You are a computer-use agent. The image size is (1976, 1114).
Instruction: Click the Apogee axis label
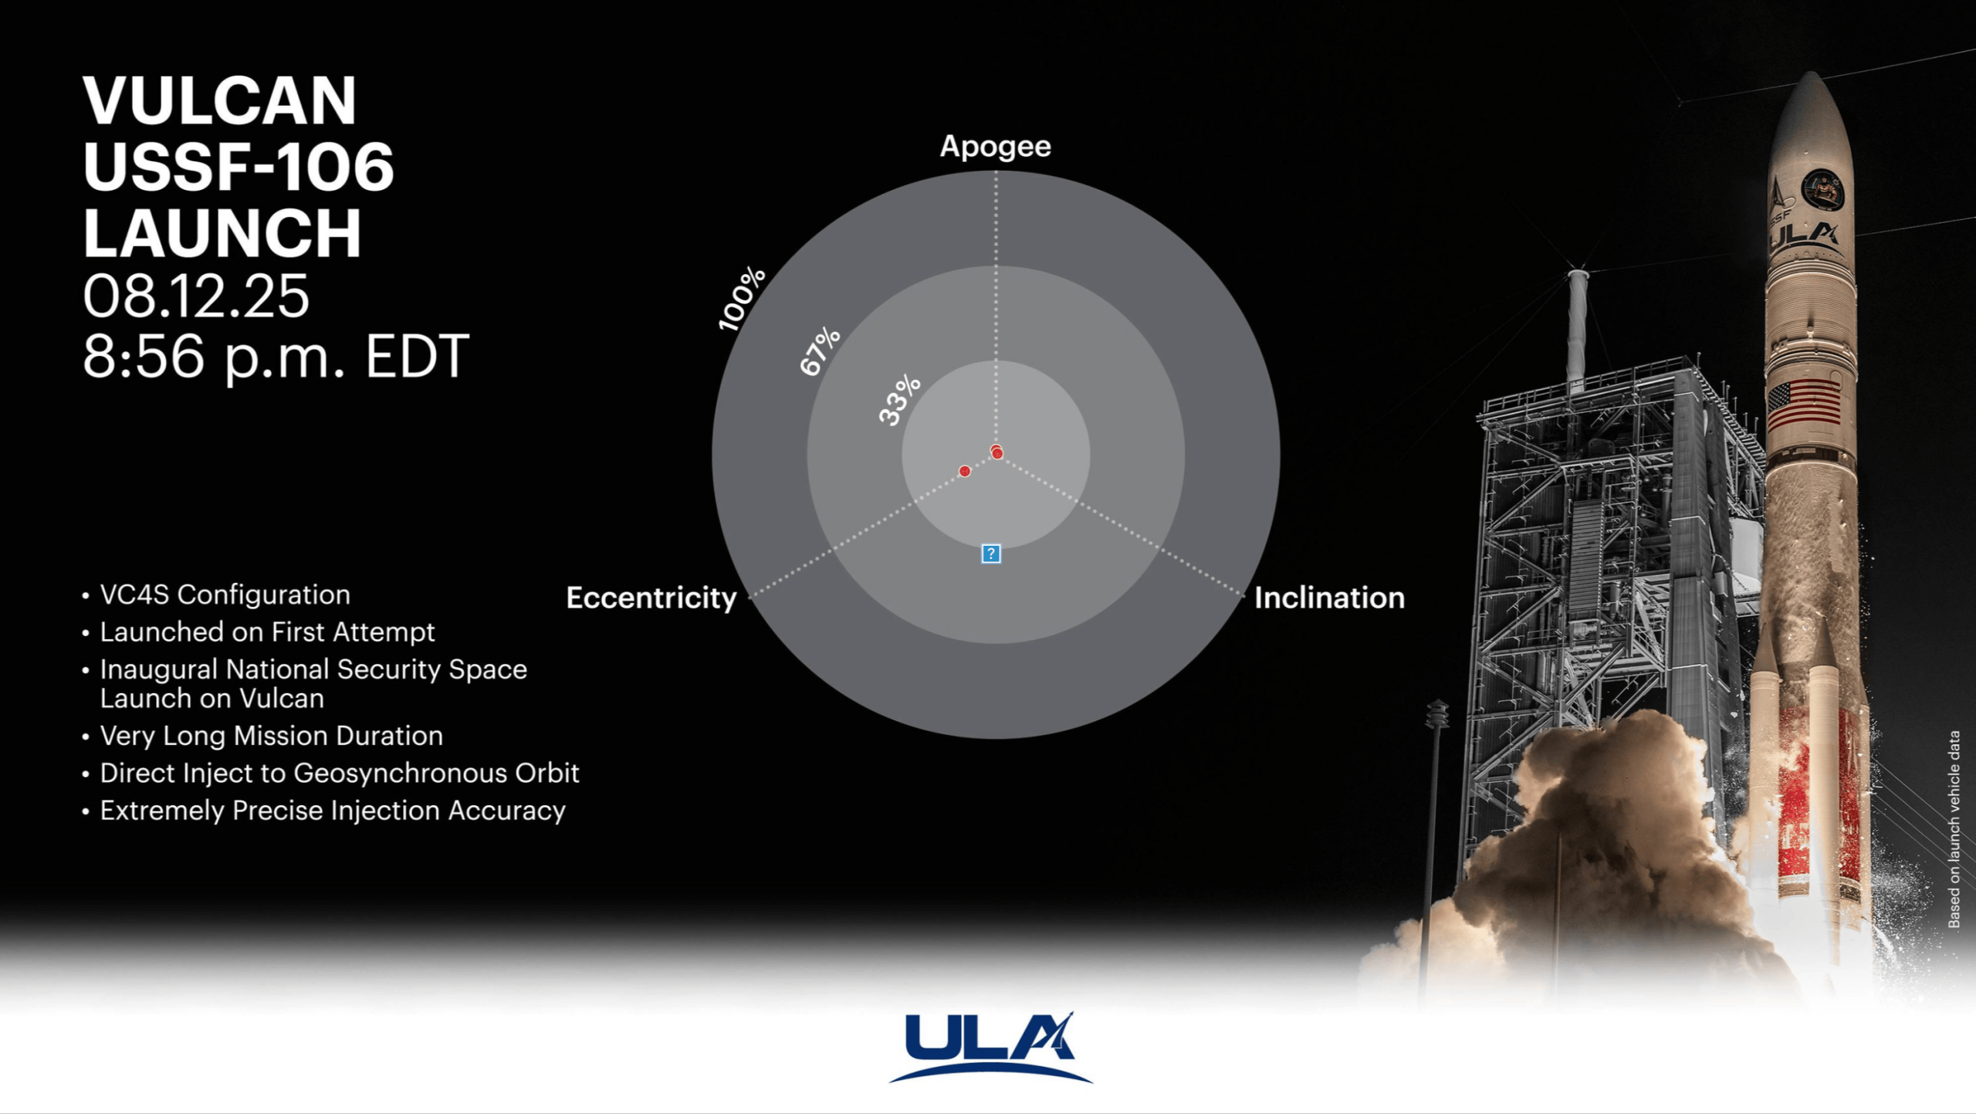[995, 147]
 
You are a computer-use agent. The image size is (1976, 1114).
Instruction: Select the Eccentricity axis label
[651, 598]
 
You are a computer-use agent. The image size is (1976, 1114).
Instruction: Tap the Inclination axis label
[1329, 598]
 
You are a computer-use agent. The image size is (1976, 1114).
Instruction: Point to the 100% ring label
[741, 299]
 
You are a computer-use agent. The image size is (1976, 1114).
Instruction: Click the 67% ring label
[820, 351]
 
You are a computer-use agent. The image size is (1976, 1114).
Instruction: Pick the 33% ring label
[900, 400]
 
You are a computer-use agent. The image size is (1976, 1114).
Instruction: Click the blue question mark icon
[991, 554]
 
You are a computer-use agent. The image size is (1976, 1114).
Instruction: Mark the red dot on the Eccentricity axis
[965, 471]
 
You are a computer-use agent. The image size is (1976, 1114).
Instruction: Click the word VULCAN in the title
[219, 100]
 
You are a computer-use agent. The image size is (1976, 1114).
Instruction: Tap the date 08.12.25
[196, 296]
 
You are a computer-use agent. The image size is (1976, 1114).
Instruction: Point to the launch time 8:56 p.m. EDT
[276, 357]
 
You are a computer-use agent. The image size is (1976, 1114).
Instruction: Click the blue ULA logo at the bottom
[991, 1048]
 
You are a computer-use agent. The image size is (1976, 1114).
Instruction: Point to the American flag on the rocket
[1804, 405]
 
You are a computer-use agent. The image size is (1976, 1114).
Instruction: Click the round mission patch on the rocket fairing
[1822, 189]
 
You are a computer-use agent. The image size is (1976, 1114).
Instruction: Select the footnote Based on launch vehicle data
[1954, 829]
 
